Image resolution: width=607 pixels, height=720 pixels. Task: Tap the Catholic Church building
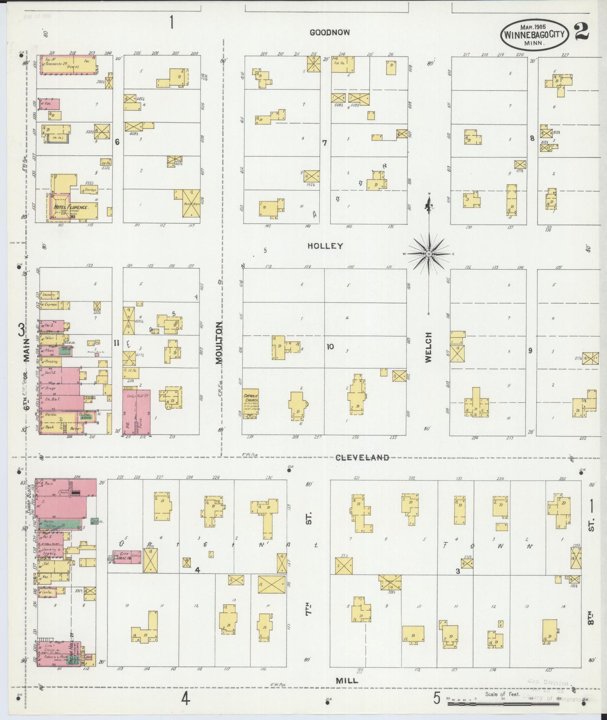251,403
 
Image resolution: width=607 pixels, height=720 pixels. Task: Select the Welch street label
428,347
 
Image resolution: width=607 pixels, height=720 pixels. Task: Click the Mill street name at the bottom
347,681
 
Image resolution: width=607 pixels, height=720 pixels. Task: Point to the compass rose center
429,254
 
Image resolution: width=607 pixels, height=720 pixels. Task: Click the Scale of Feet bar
512,702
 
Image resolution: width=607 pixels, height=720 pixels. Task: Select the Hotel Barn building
191,203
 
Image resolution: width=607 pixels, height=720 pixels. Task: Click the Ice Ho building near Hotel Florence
105,162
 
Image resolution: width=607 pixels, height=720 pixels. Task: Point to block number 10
330,347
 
